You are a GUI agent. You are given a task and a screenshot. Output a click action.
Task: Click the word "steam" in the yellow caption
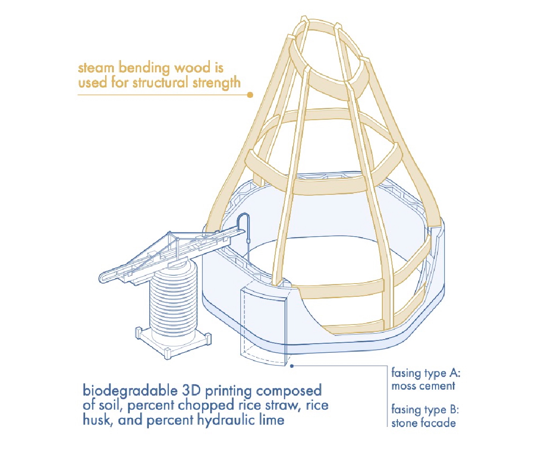[96, 67]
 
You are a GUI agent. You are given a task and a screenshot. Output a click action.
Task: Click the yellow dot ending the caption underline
[250, 95]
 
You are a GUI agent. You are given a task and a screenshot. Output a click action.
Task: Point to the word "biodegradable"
[130, 391]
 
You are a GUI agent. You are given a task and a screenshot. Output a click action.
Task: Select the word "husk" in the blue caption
[97, 420]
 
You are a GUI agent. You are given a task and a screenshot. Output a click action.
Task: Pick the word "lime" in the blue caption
[271, 420]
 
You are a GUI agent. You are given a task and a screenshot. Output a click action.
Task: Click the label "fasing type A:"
[426, 373]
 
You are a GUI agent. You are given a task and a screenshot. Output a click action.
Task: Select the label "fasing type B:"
[425, 410]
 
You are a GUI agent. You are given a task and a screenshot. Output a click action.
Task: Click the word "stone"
[405, 423]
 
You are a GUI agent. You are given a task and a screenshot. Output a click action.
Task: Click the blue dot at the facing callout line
[292, 366]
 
